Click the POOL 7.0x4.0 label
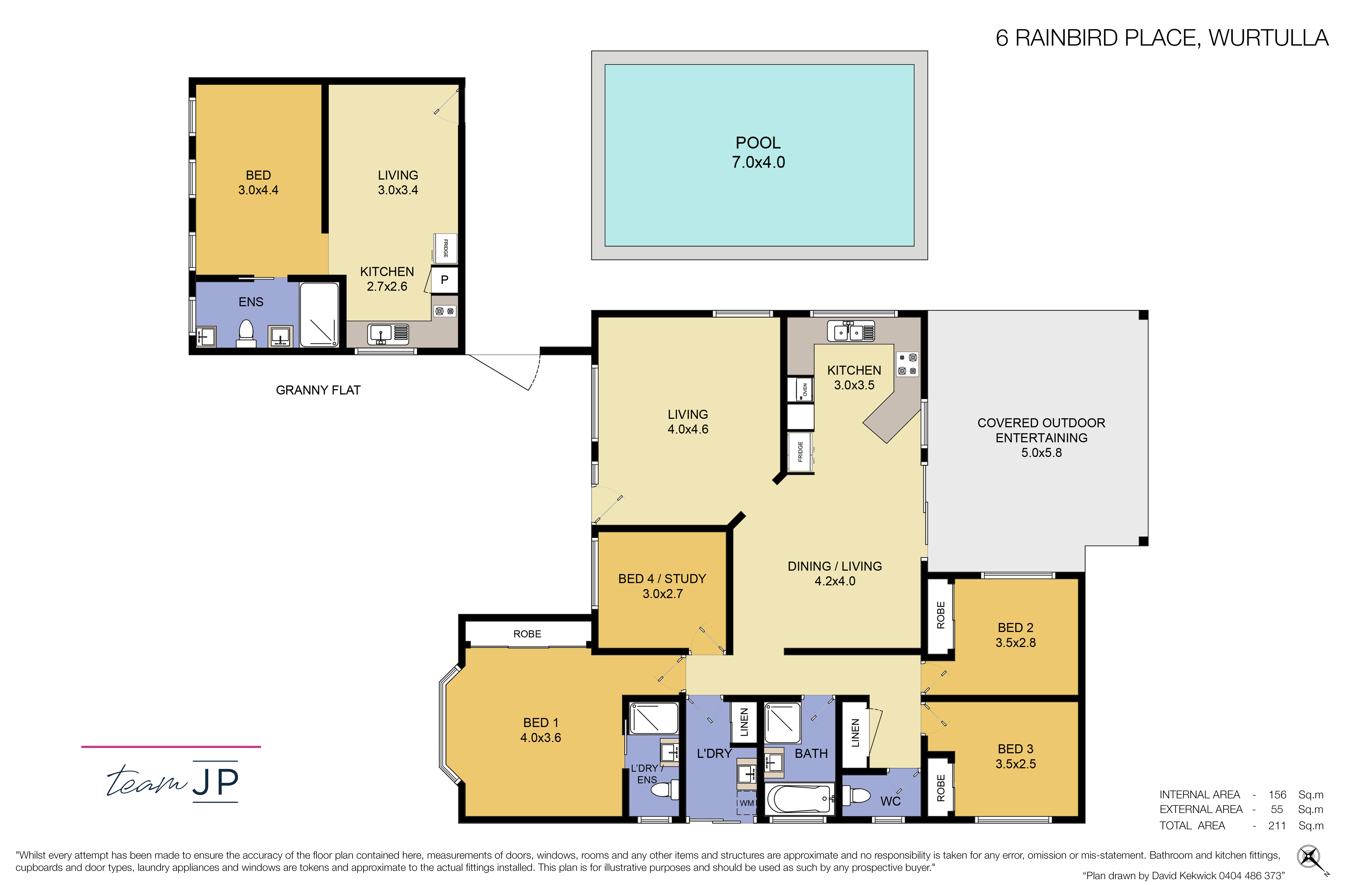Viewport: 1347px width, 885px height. [758, 152]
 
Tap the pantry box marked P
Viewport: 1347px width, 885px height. [444, 280]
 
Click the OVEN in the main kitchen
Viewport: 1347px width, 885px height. [800, 389]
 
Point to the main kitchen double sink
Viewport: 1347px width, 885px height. [851, 331]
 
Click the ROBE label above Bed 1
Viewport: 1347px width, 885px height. [527, 634]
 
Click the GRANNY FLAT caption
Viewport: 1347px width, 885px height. [318, 390]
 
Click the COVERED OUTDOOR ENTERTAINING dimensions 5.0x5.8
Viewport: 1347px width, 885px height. [1041, 453]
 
